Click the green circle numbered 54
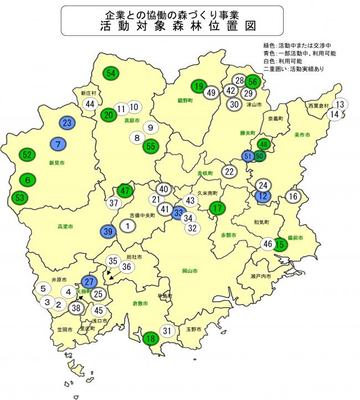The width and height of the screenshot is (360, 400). tap(111, 73)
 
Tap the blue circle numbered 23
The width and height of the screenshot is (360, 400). tap(68, 122)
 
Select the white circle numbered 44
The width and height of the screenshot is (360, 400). tap(91, 104)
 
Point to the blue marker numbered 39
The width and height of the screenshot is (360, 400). tap(109, 232)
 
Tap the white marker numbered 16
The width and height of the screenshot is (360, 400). tap(293, 196)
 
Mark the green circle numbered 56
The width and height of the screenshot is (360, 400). tap(253, 81)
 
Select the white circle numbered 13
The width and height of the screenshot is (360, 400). tap(341, 104)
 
